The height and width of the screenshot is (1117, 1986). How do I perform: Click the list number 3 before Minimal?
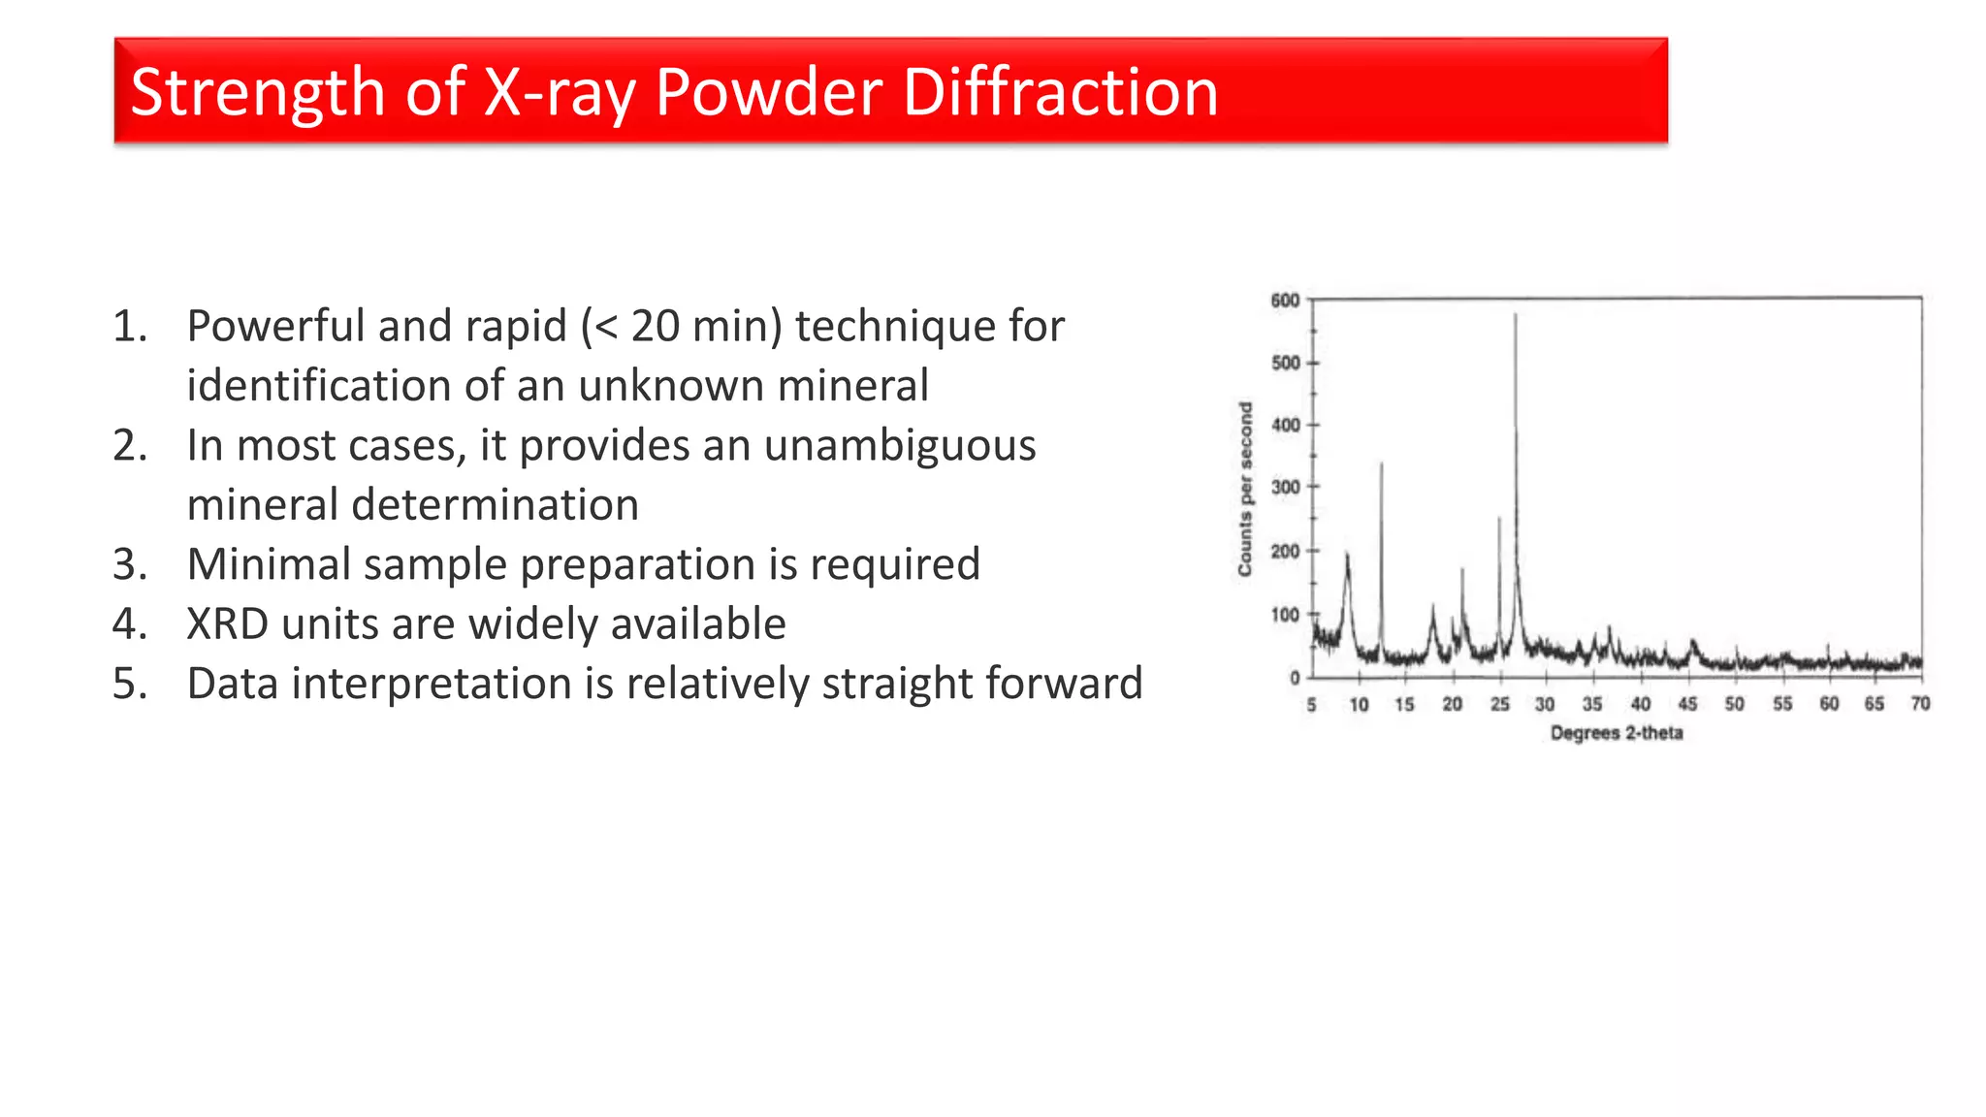click(129, 564)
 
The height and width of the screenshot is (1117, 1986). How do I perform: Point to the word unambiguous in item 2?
click(900, 446)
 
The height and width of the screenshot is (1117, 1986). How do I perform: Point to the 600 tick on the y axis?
click(1285, 301)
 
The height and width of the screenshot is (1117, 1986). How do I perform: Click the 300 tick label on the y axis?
click(1285, 488)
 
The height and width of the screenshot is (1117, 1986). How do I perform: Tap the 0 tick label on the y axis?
click(1295, 678)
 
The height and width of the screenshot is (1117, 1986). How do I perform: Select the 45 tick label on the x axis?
click(1687, 705)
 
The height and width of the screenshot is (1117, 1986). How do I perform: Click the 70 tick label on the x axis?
click(1920, 705)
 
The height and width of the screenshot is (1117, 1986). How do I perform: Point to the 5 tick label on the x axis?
click(1311, 705)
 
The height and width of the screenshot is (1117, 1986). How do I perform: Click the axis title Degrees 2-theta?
click(1617, 734)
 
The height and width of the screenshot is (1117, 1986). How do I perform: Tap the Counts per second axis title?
click(1245, 490)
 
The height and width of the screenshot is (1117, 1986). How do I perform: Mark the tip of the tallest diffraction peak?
click(1516, 314)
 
